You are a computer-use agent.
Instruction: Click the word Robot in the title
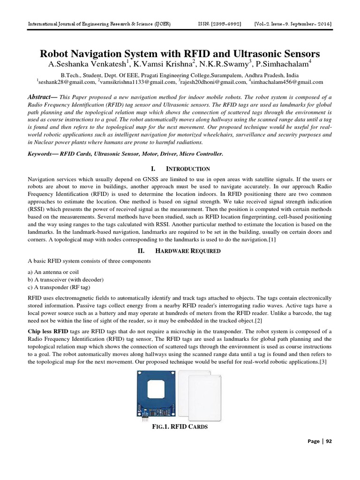[57, 53]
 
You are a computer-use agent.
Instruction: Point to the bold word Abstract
[41, 96]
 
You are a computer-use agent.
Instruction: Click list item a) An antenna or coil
[54, 272]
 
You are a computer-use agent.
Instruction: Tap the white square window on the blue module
[158, 385]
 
